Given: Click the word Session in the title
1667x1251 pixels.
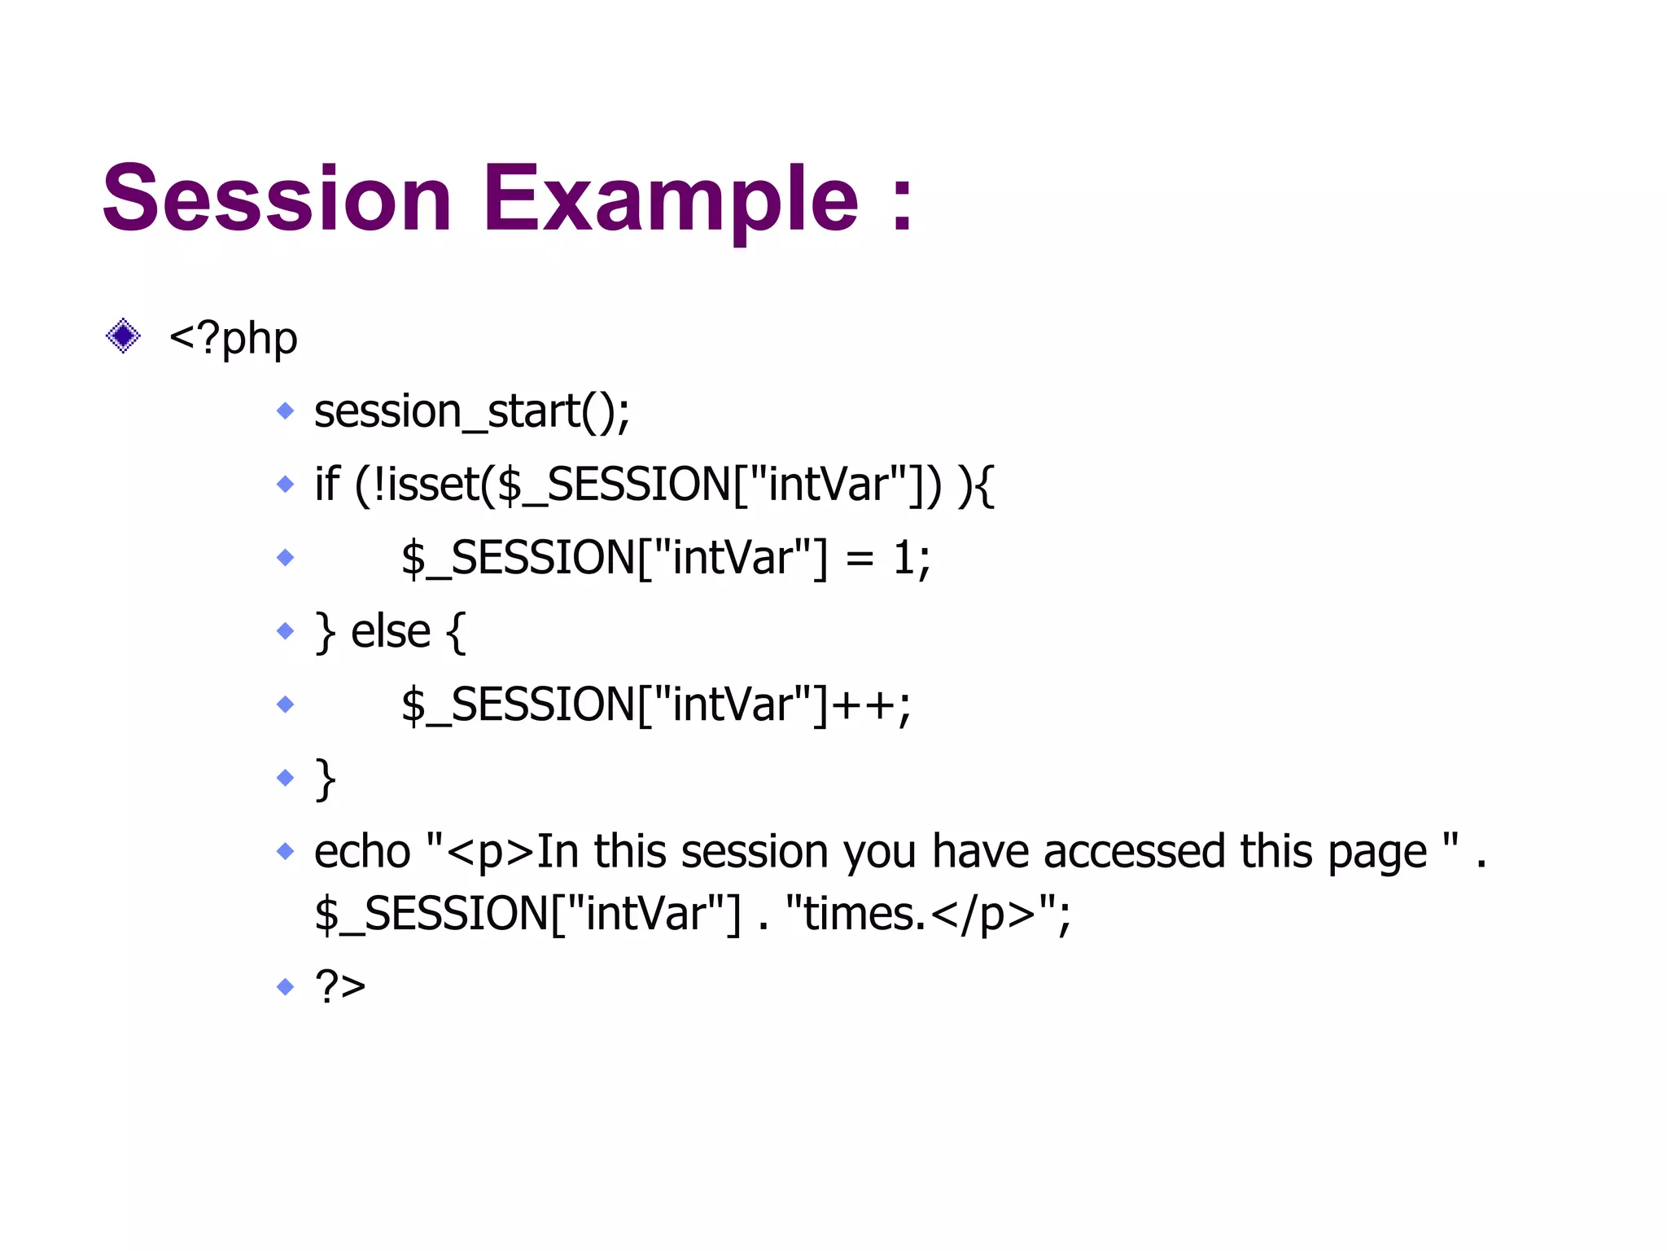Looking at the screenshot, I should (x=277, y=199).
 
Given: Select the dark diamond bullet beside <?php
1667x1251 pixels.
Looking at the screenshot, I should (x=123, y=336).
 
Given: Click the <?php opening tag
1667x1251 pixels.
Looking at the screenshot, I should (x=233, y=338).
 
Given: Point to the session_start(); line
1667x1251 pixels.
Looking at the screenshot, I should (x=472, y=411).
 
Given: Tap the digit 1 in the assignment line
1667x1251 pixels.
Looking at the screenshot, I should (x=903, y=559).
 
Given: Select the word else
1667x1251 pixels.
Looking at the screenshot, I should (x=390, y=632).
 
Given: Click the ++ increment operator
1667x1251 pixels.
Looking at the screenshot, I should (x=863, y=705).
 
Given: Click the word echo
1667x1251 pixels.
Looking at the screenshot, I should (x=362, y=852).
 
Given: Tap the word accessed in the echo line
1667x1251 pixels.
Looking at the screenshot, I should (x=1135, y=852).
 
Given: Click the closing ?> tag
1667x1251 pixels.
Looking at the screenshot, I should (x=340, y=987).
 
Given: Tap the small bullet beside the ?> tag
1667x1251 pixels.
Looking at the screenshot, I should (x=285, y=987).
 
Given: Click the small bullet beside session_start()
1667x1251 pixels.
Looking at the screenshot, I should (x=285, y=410).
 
